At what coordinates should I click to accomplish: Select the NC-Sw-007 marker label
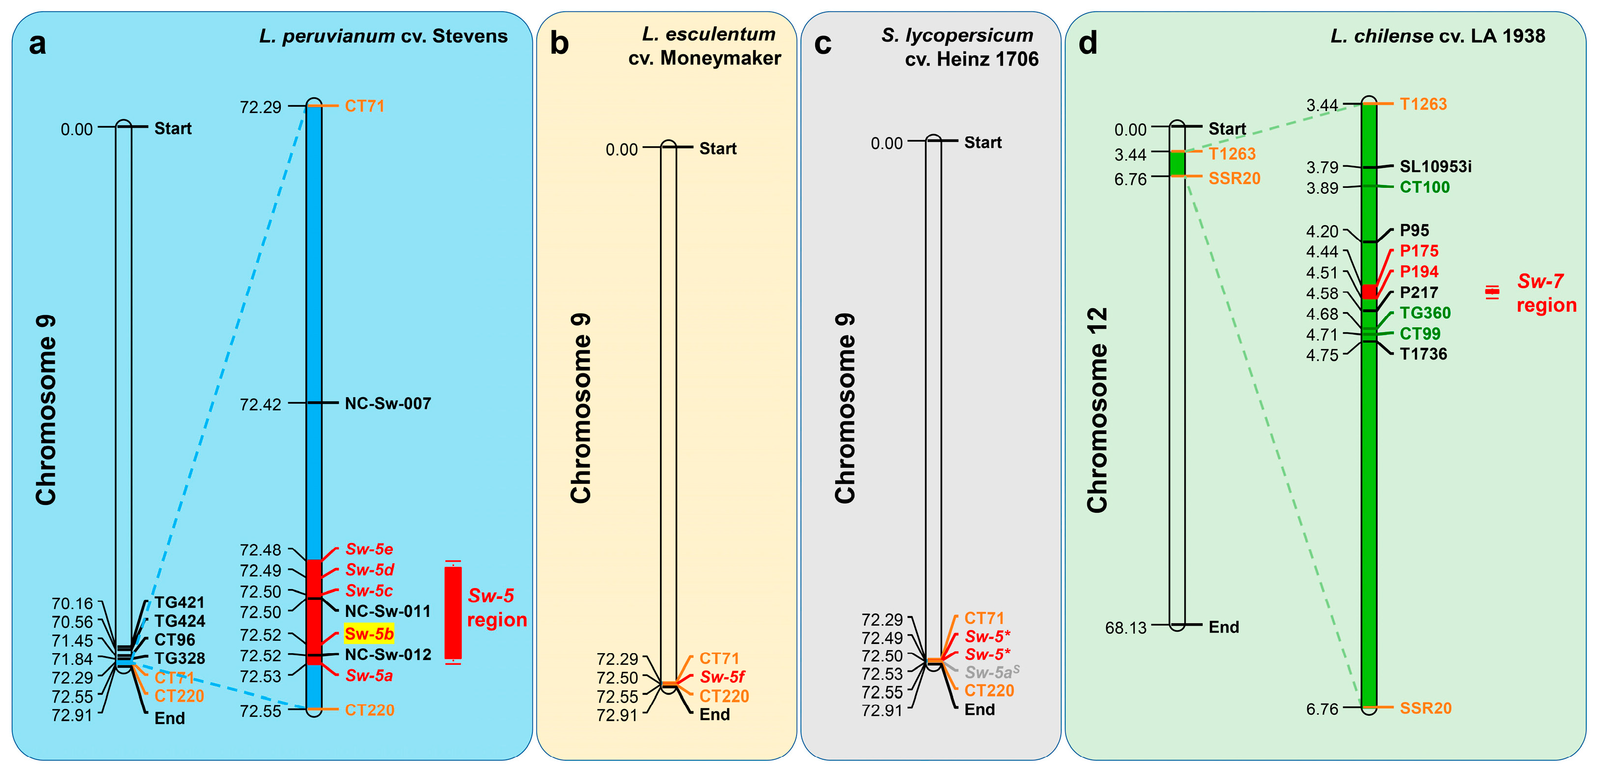pyautogui.click(x=388, y=404)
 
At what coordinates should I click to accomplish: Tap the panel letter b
pyautogui.click(x=559, y=44)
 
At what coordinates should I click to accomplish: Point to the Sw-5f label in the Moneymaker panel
pyautogui.click(x=722, y=677)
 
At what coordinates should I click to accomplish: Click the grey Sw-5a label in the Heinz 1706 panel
pyautogui.click(x=991, y=672)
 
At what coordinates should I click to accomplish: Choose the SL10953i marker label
pyautogui.click(x=1435, y=166)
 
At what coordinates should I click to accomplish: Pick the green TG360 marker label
pyautogui.click(x=1425, y=313)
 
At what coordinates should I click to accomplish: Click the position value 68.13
pyautogui.click(x=1125, y=628)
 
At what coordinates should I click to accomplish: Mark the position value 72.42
pyautogui.click(x=261, y=405)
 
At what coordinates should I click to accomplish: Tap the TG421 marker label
pyautogui.click(x=180, y=602)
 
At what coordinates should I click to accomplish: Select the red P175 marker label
pyautogui.click(x=1419, y=251)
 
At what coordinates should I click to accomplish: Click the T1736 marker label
pyautogui.click(x=1423, y=354)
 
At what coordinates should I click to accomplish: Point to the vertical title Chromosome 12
pyautogui.click(x=1097, y=410)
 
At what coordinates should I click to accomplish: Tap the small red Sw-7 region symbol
pyautogui.click(x=1492, y=291)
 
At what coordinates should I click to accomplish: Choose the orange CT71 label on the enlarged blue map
pyautogui.click(x=365, y=106)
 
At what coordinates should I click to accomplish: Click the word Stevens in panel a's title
pyautogui.click(x=470, y=36)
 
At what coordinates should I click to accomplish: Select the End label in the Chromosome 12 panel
pyautogui.click(x=1223, y=627)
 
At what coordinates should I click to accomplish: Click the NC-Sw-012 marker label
pyautogui.click(x=388, y=655)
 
